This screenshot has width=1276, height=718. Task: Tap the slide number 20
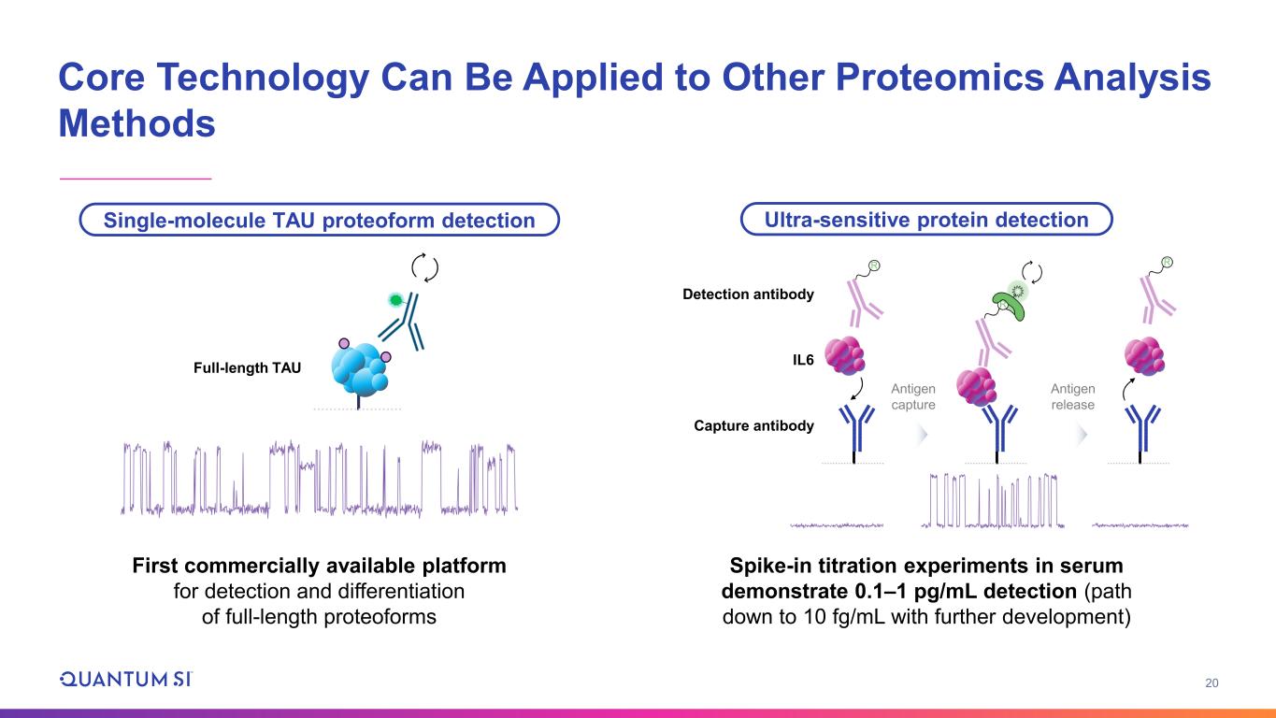click(x=1211, y=683)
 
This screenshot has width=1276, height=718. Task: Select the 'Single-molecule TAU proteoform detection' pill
click(x=319, y=221)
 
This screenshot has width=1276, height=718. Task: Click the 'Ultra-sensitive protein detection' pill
click(x=926, y=220)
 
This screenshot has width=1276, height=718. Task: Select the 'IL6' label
click(x=802, y=357)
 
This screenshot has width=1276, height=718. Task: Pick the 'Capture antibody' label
click(x=754, y=426)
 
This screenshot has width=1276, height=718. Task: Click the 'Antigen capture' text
click(x=912, y=396)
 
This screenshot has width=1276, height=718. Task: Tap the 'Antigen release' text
click(x=1072, y=396)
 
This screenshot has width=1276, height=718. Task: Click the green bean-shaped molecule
click(x=1010, y=297)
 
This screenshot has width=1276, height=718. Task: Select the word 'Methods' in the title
click(x=136, y=124)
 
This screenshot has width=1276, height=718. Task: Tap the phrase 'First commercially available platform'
click(x=319, y=567)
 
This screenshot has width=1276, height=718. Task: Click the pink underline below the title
click(x=136, y=178)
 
